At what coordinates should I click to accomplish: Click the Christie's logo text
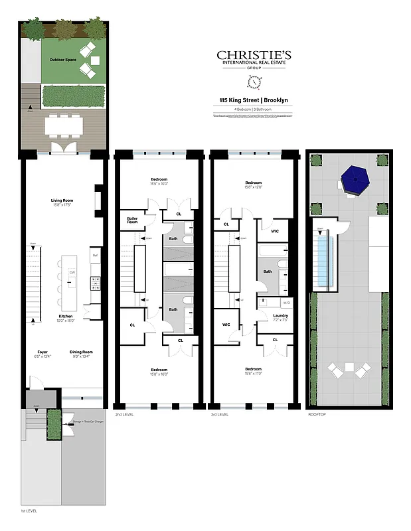[254, 56]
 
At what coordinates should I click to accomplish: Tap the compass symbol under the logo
[254, 82]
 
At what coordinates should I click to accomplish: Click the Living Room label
[61, 200]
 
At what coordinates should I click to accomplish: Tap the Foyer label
[42, 352]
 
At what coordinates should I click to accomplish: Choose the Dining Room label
[82, 352]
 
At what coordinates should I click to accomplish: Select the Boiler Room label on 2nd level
[132, 220]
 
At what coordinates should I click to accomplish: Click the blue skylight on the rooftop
[323, 263]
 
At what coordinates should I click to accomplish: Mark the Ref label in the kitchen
[95, 254]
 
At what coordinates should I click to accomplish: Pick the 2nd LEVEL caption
[124, 414]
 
